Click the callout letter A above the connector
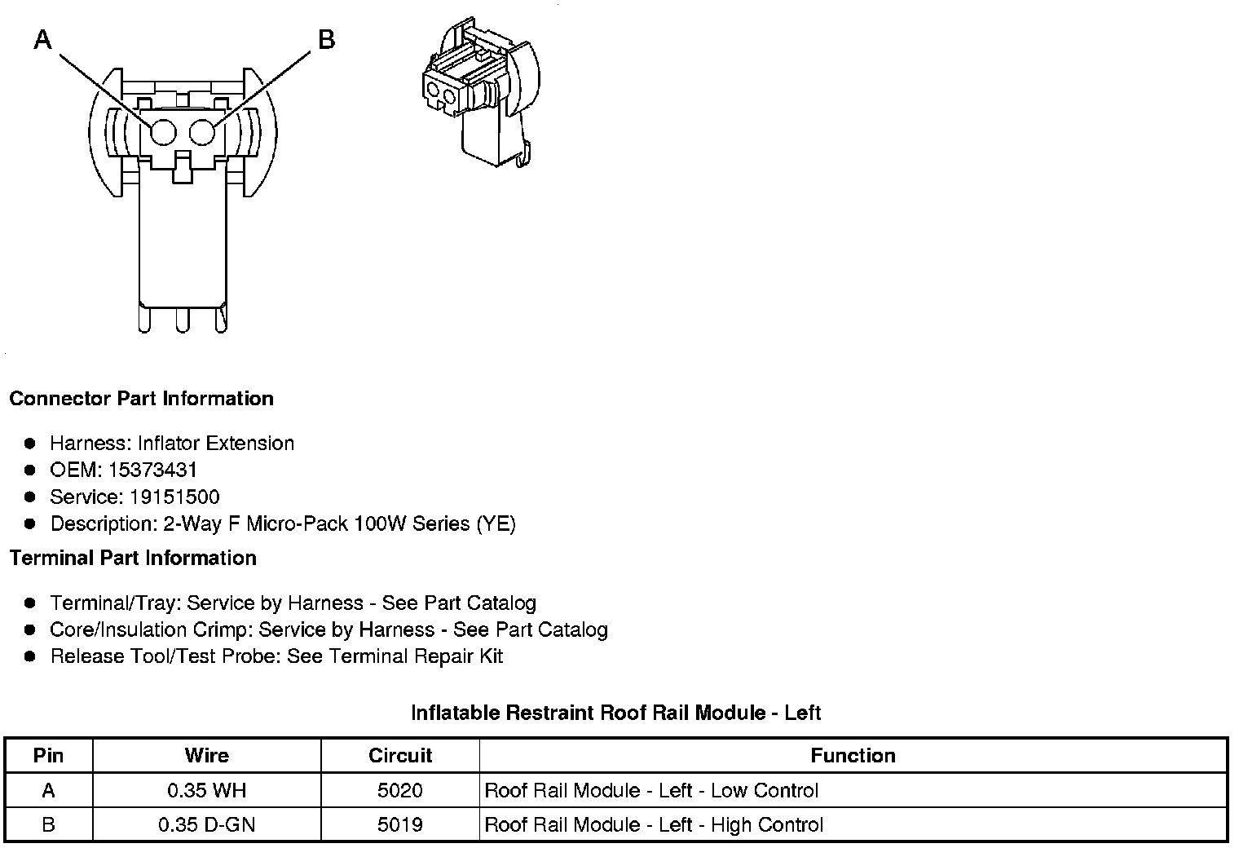coord(42,39)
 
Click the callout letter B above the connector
coord(326,39)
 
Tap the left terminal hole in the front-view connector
coord(163,132)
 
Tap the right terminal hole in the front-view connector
coord(201,132)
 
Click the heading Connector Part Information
coord(141,399)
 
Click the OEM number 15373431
coord(152,470)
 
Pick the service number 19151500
coord(174,497)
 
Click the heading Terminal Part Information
coord(133,559)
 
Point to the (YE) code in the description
coord(496,524)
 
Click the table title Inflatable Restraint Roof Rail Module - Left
coord(615,713)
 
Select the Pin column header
coord(48,756)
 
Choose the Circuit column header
coord(400,756)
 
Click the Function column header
coord(853,756)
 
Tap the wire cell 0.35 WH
coord(206,791)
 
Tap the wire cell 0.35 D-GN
coord(206,825)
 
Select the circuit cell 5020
coord(400,791)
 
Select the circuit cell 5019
coord(400,825)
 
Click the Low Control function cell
coord(651,791)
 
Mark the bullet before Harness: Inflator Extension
coord(30,444)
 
